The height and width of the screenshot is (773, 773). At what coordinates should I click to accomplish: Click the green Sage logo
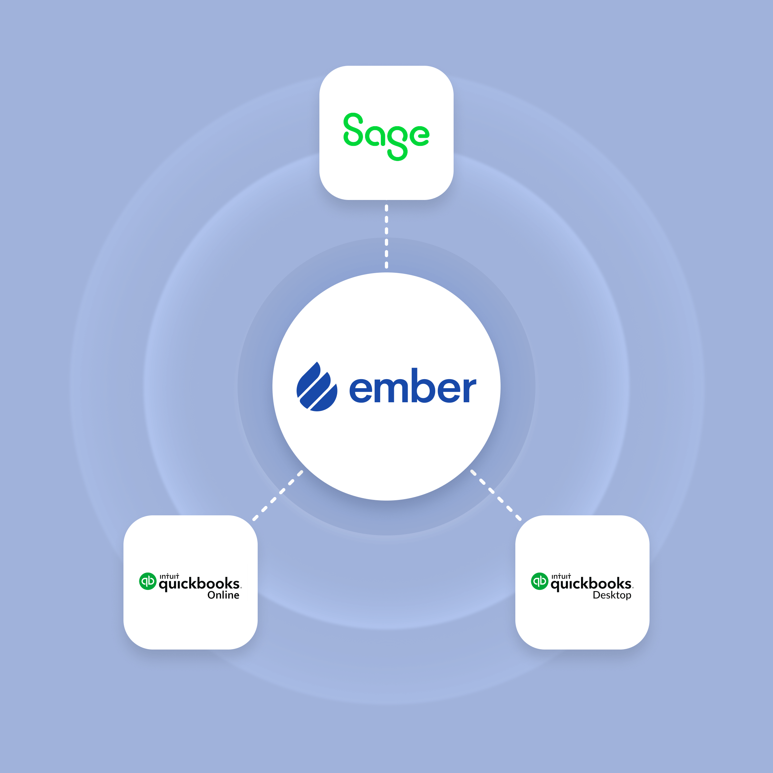pyautogui.click(x=386, y=136)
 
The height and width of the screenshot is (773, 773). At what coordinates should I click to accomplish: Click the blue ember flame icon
pyautogui.click(x=316, y=386)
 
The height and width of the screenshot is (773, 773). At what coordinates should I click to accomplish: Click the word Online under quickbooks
pyautogui.click(x=223, y=595)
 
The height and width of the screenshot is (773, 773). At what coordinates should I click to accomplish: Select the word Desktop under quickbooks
pyautogui.click(x=612, y=595)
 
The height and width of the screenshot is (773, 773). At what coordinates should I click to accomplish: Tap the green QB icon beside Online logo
pyautogui.click(x=148, y=581)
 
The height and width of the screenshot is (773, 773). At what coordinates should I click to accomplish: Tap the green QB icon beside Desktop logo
pyautogui.click(x=539, y=581)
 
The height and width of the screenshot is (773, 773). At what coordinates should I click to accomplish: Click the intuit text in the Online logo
pyautogui.click(x=169, y=576)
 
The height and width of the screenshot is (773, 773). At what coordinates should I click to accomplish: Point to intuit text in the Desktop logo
pyautogui.click(x=561, y=576)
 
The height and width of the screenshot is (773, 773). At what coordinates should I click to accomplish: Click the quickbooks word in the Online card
pyautogui.click(x=199, y=584)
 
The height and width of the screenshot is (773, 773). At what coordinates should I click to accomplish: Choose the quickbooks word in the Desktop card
pyautogui.click(x=591, y=584)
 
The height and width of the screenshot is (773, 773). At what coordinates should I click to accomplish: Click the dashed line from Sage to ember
pyautogui.click(x=386, y=237)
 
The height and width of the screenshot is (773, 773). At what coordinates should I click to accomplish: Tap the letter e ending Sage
pyautogui.click(x=418, y=135)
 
